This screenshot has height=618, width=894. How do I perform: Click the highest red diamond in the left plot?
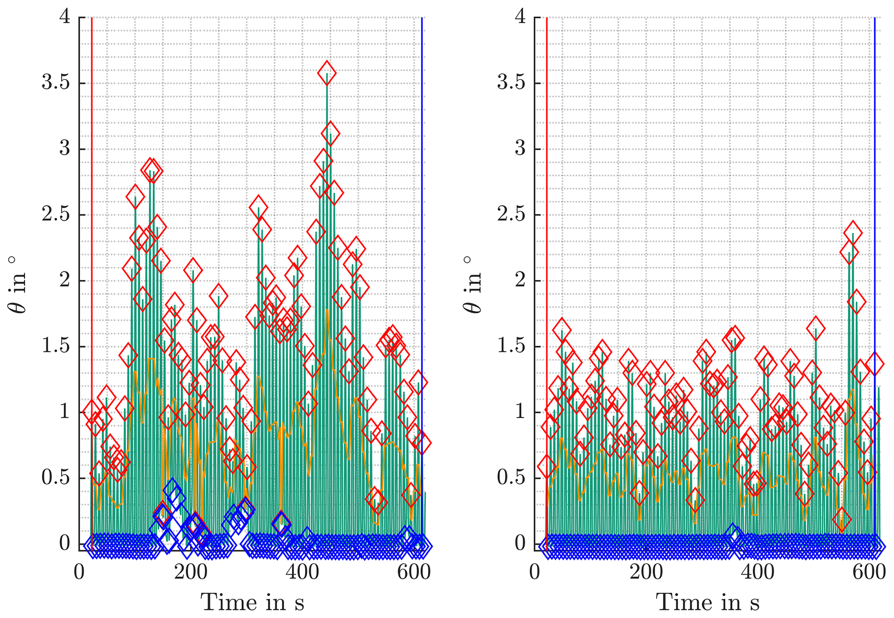(x=327, y=73)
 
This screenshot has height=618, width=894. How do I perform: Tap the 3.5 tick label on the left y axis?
(x=56, y=83)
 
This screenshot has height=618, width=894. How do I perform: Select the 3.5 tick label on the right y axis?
(x=511, y=83)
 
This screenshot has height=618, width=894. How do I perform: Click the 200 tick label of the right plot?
(x=646, y=573)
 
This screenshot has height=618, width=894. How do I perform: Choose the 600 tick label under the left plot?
(x=414, y=573)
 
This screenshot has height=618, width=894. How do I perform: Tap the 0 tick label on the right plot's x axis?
(x=535, y=573)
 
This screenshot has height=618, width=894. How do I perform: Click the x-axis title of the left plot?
(x=253, y=602)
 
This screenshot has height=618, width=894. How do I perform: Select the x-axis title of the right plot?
(x=708, y=602)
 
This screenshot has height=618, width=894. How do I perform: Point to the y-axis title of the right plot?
(x=472, y=284)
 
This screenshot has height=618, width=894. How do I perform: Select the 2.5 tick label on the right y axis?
(x=511, y=215)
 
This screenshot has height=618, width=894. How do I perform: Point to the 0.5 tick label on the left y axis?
(x=56, y=478)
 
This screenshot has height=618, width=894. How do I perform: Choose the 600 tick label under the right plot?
(x=868, y=573)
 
